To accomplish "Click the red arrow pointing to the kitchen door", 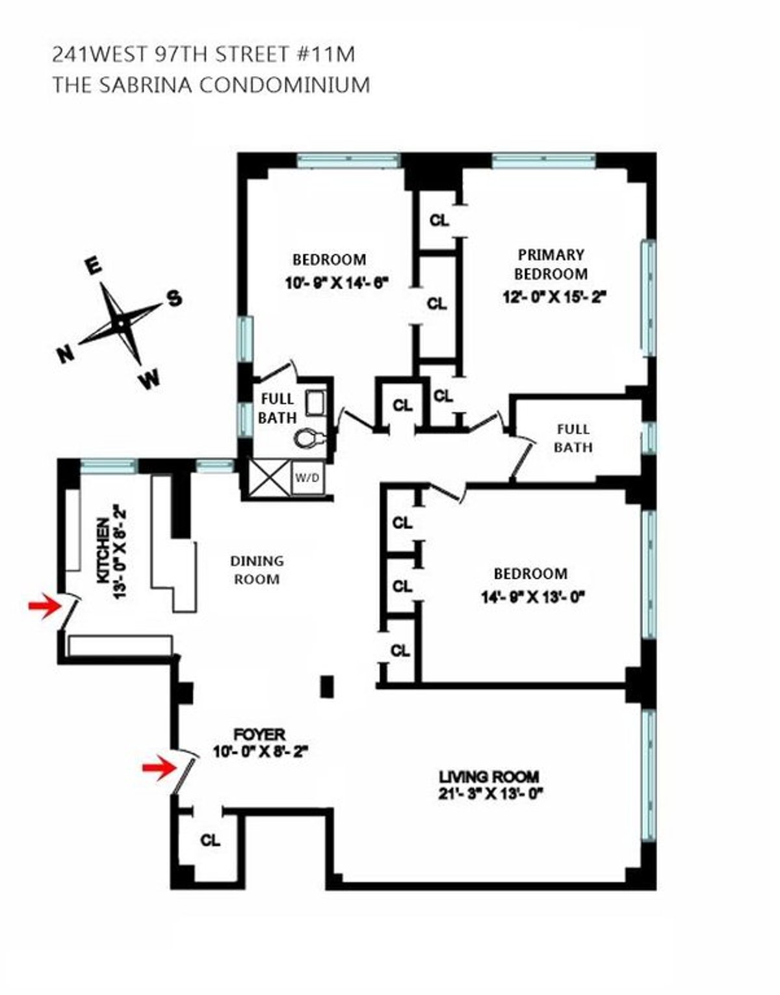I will (42, 607).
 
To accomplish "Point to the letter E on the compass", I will (93, 267).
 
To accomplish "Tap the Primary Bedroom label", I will (552, 264).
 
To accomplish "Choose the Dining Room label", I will (257, 570).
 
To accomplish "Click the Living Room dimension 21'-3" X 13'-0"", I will (489, 793).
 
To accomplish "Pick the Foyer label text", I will (259, 734).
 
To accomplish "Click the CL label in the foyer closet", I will (210, 840).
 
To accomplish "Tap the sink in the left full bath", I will (317, 403).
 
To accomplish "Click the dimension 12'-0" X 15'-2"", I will (553, 297).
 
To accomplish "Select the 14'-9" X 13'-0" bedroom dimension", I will (530, 596).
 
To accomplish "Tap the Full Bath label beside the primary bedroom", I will (573, 438).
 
